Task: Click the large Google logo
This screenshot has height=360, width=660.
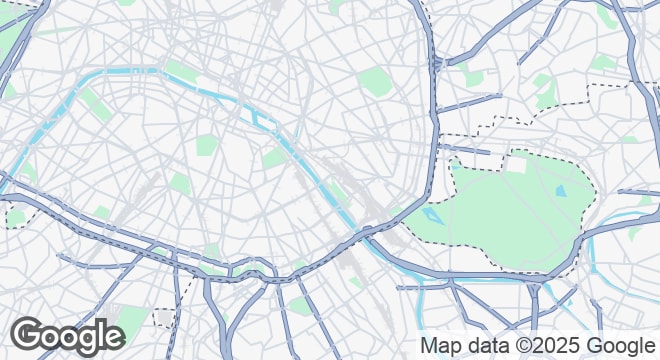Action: pos(67,336)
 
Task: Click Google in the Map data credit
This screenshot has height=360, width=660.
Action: pos(621,346)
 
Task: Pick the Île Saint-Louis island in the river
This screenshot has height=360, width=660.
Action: pos(269,123)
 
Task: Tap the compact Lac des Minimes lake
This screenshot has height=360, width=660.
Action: pos(560,189)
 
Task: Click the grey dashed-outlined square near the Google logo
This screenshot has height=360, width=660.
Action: pos(165,318)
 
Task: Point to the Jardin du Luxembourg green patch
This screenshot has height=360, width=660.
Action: pos(206,145)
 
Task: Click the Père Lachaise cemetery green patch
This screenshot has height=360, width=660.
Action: pos(374,81)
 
